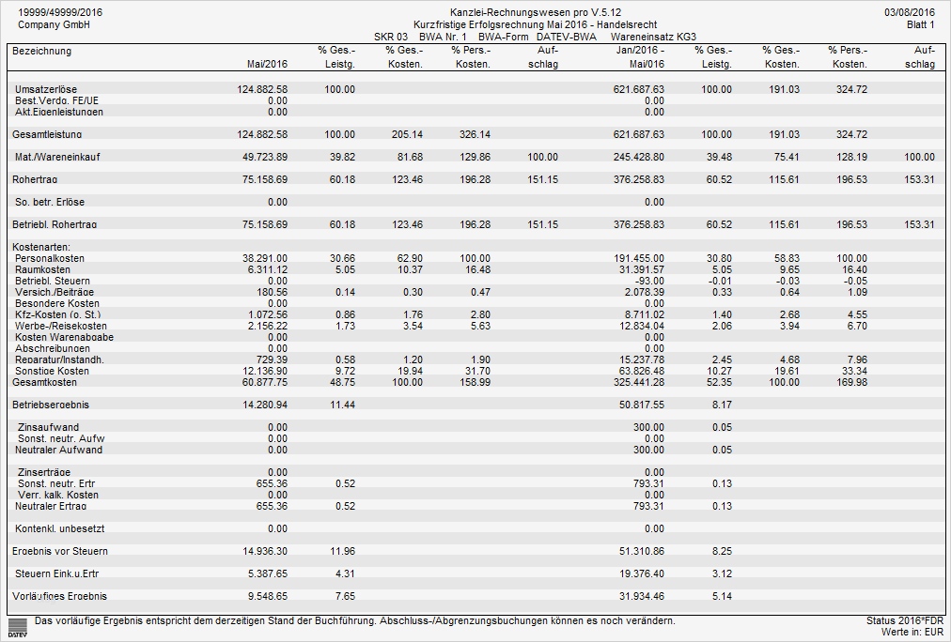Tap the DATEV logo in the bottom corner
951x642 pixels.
point(16,627)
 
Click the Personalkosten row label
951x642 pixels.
point(51,258)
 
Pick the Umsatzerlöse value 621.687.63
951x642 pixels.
point(638,89)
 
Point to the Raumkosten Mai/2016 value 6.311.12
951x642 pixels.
point(264,269)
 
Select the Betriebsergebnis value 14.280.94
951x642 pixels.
point(262,405)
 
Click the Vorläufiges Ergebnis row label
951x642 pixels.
point(59,596)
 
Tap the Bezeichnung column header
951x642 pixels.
point(41,51)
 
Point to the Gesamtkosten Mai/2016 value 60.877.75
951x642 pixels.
point(262,383)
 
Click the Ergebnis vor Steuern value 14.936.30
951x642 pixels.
point(262,551)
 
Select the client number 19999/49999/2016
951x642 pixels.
point(60,11)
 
